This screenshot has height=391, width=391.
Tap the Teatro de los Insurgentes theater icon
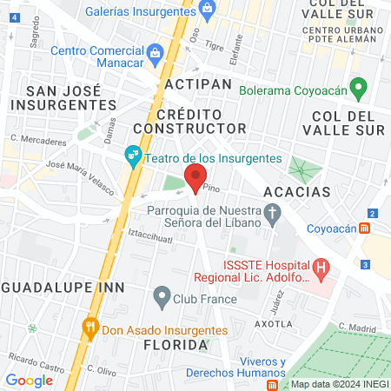(133, 158)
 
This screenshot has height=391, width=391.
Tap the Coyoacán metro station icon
(366, 229)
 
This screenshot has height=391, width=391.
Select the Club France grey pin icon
(162, 297)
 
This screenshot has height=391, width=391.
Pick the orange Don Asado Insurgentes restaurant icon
(89, 328)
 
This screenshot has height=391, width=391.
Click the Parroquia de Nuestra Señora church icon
(273, 211)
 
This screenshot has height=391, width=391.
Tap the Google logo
(29, 380)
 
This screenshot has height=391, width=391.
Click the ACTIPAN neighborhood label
(197, 84)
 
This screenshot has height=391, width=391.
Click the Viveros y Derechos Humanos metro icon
(273, 383)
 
